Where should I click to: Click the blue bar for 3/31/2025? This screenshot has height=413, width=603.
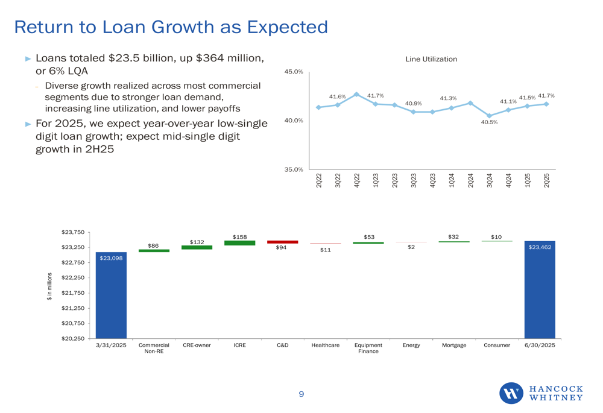coord(111,295)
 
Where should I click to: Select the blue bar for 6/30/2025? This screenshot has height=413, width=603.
coord(539,289)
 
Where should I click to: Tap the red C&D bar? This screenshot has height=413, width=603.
coord(282,242)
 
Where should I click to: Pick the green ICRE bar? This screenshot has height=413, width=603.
coord(239,243)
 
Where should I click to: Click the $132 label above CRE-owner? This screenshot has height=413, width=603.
coord(197,241)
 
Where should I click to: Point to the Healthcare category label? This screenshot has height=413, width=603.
coord(325,345)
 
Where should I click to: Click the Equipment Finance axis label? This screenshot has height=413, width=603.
coord(368,348)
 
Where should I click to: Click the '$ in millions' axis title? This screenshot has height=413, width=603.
coord(50,285)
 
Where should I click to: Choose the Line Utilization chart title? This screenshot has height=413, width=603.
coord(431,59)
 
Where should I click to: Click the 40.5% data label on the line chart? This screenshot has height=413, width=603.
coord(489,122)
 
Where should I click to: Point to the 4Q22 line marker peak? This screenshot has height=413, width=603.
coord(356,95)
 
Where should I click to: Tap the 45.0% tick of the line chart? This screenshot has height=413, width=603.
coord(294,72)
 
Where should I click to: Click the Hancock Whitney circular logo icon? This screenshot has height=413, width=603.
coord(511,393)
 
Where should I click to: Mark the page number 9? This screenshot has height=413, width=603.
coord(301,394)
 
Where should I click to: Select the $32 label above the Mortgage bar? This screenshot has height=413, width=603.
coord(453,236)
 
